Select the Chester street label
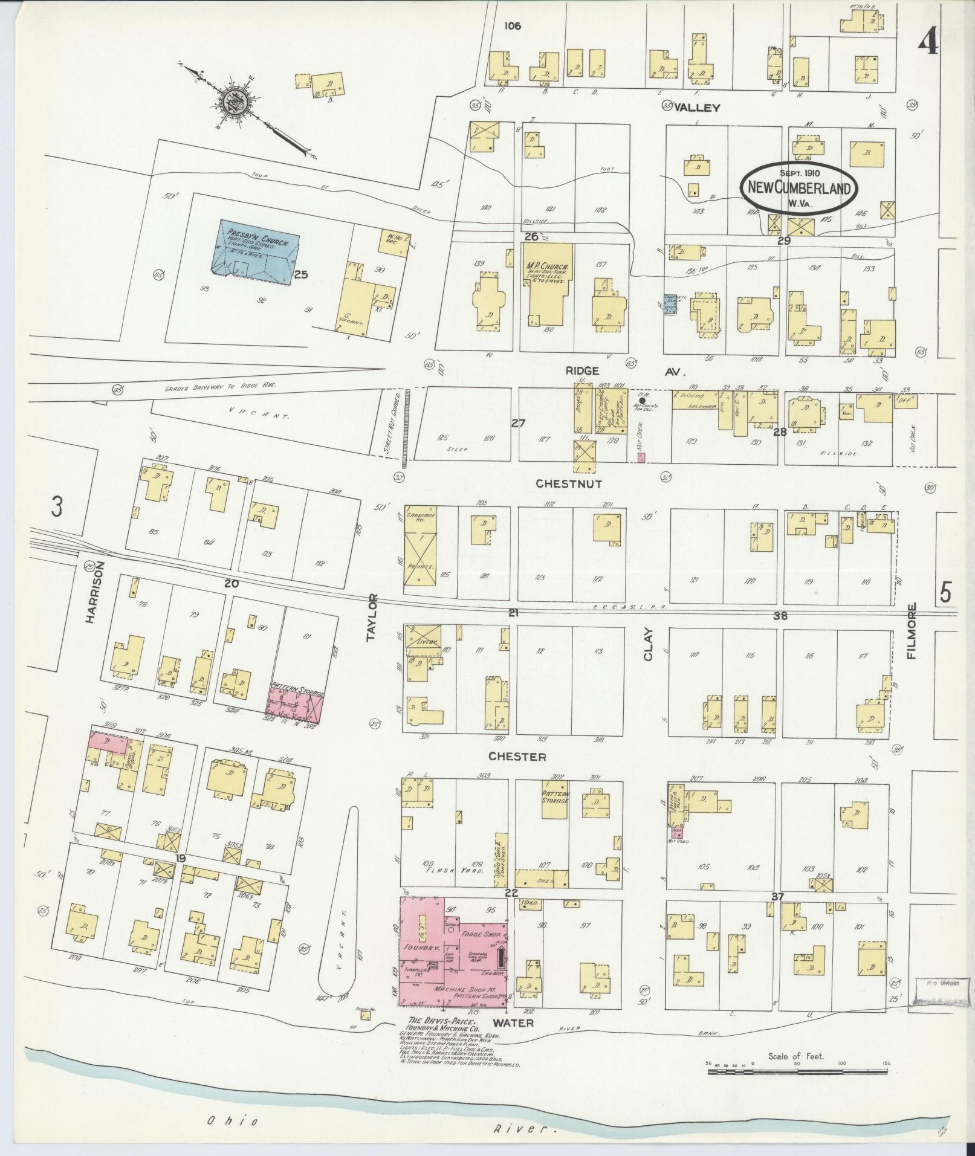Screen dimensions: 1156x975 pos(517,757)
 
